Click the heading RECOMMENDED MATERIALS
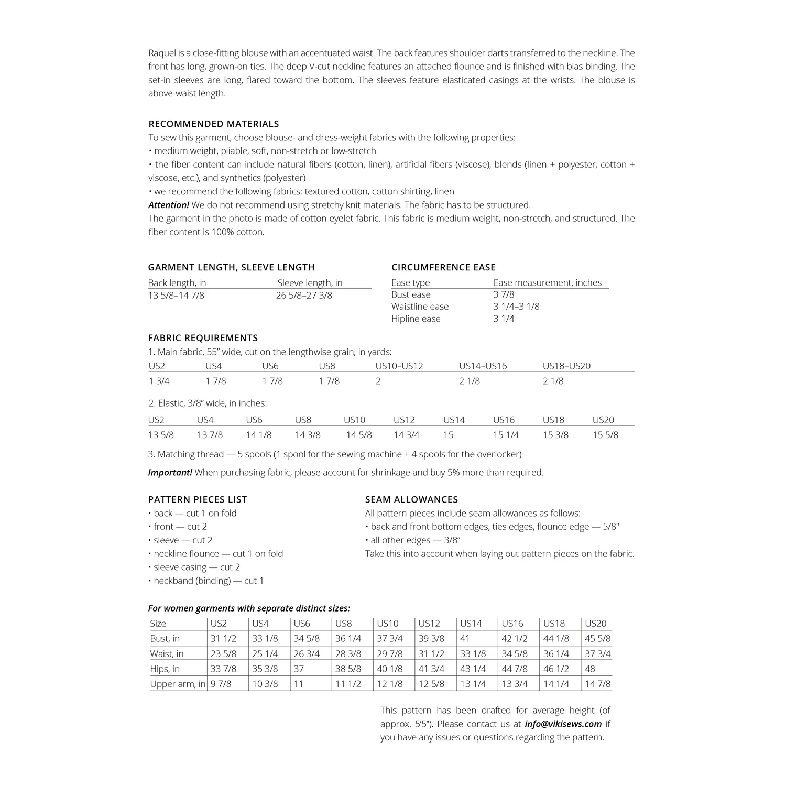pyautogui.click(x=213, y=124)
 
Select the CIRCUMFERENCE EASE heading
pyautogui.click(x=443, y=267)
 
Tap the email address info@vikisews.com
pyautogui.click(x=563, y=724)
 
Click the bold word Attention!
pyautogui.click(x=168, y=205)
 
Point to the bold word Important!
pyautogui.click(x=170, y=472)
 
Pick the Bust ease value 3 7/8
pyautogui.click(x=504, y=294)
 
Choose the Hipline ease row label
pyautogui.click(x=416, y=319)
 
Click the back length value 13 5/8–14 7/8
pyautogui.click(x=176, y=296)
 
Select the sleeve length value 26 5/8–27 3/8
pyautogui.click(x=304, y=296)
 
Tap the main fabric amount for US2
pyautogui.click(x=159, y=381)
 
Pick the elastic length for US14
pyautogui.click(x=448, y=435)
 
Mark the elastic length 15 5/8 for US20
pyautogui.click(x=605, y=435)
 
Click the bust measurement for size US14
pyautogui.click(x=465, y=638)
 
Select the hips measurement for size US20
pyautogui.click(x=591, y=669)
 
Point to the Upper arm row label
pyautogui.click(x=178, y=684)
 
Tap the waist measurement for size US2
pyautogui.click(x=223, y=653)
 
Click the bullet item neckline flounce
pyautogui.click(x=218, y=553)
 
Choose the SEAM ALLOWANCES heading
pyautogui.click(x=411, y=499)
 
